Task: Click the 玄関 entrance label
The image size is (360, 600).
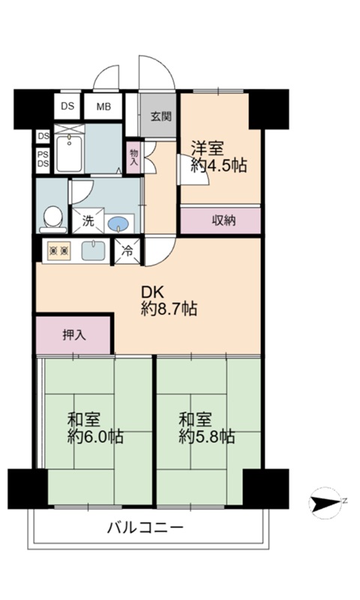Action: (160, 116)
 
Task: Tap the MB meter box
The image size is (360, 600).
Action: (103, 106)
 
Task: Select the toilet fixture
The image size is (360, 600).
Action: (52, 220)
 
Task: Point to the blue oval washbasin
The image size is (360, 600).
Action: (118, 223)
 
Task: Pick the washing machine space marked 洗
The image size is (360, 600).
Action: (88, 220)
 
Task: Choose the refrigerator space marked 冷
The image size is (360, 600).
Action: (127, 251)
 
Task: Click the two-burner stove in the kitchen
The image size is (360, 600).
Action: (59, 251)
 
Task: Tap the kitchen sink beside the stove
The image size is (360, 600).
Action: (93, 250)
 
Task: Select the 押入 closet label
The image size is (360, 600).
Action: (73, 335)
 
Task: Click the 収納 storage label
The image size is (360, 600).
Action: (223, 220)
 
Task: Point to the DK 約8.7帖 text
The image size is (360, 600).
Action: (169, 301)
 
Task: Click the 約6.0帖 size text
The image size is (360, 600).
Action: (95, 436)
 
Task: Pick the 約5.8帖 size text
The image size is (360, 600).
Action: (206, 436)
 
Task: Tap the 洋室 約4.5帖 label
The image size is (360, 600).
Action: (219, 157)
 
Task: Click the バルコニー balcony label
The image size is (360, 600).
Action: (145, 528)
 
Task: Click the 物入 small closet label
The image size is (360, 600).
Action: (133, 157)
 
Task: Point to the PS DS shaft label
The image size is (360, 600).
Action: (43, 159)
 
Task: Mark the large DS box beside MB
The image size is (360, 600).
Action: (67, 106)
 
